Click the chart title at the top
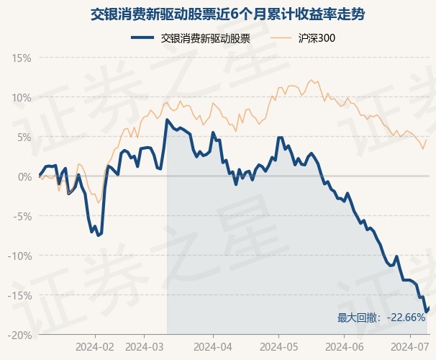coord(227,14)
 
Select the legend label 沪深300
coord(317,38)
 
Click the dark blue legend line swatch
coord(142,37)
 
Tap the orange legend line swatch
coord(281,37)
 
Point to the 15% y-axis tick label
coord(22,58)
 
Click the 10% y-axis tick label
coord(22,98)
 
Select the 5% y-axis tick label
coord(24,138)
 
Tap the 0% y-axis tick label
coord(24,177)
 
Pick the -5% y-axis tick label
coord(22,217)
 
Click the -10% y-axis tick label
coord(19,256)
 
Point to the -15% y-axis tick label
coord(19,296)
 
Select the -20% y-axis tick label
coord(19,336)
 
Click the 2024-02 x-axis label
coord(95,347)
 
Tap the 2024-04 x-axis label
coord(213,347)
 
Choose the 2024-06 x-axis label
coord(345,347)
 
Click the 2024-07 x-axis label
coord(410,347)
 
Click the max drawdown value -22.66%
coord(406,318)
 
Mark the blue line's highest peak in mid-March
coord(167,120)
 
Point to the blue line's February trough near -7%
coord(98,235)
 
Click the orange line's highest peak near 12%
coord(311,80)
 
